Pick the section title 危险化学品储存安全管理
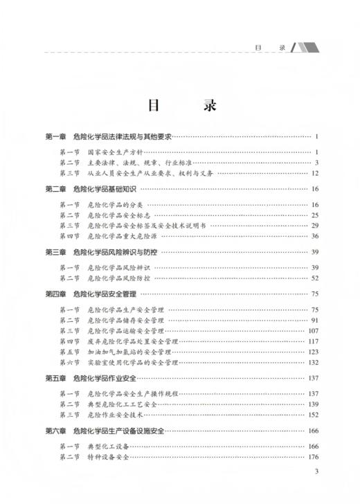pos(125,321)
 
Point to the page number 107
pos(312,331)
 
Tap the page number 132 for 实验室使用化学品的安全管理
pos(312,363)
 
